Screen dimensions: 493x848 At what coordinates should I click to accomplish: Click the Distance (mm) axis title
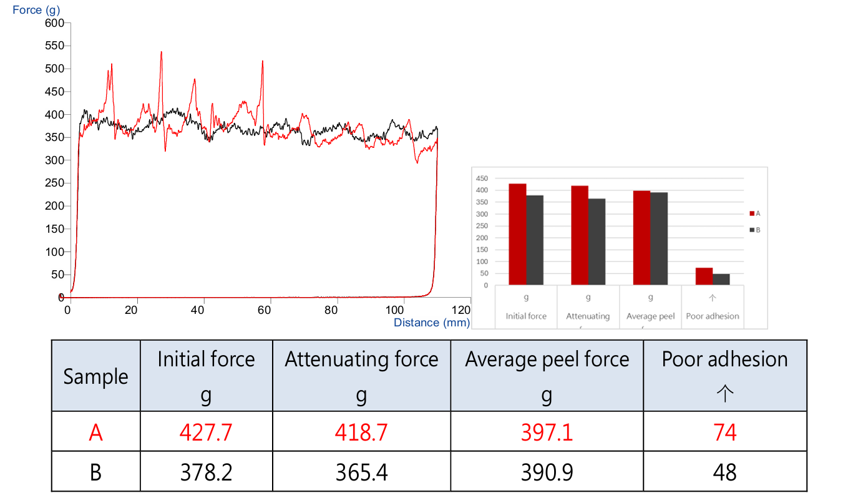(431, 323)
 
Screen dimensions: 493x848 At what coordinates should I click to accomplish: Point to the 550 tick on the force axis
(55, 46)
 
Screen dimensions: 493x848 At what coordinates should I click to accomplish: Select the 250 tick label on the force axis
(55, 183)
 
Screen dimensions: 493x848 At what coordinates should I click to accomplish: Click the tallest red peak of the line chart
(161, 53)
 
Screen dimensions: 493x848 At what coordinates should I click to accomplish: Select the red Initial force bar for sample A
(517, 234)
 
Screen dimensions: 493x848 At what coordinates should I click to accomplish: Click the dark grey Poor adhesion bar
(721, 280)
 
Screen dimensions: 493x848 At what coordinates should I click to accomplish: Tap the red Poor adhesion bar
(704, 276)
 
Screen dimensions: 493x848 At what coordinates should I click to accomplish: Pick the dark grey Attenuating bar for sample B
(597, 242)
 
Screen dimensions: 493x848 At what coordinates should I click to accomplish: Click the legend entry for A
(754, 213)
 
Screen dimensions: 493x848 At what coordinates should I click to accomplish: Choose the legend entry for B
(754, 230)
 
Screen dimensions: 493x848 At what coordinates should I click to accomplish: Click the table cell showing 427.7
(206, 432)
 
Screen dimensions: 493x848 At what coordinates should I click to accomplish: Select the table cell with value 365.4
(361, 472)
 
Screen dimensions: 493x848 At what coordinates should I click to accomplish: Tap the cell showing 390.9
(547, 472)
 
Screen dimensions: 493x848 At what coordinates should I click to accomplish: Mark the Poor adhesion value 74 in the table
(724, 432)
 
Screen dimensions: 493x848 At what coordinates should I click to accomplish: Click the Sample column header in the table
(95, 376)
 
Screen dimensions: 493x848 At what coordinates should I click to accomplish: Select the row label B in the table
(95, 472)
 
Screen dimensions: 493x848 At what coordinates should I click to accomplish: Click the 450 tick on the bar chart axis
(482, 178)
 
